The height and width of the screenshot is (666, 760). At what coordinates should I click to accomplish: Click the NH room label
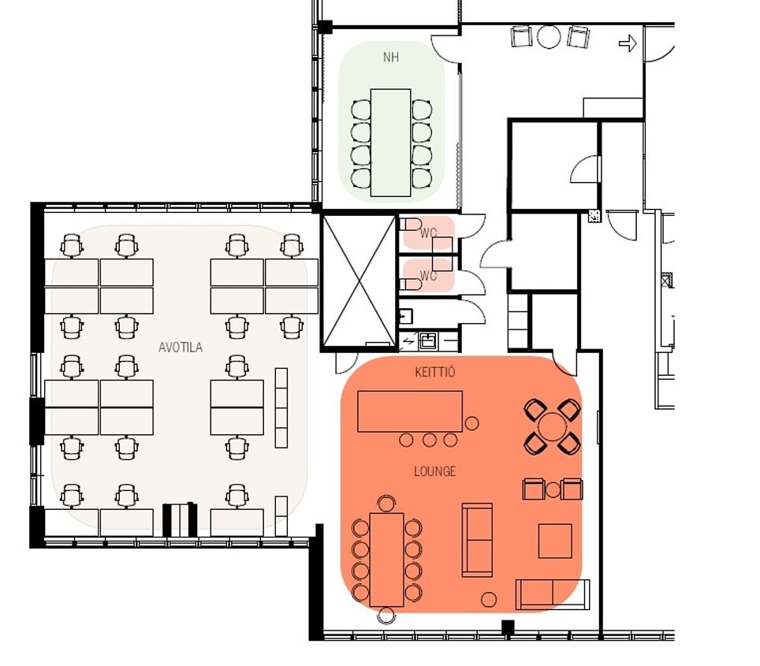[391, 58]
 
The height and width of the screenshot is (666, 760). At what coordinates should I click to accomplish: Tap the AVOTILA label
[181, 347]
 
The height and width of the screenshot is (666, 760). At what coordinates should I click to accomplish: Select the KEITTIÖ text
[434, 372]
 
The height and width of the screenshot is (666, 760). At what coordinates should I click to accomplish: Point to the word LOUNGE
[434, 471]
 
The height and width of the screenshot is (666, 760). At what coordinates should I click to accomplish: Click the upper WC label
[428, 233]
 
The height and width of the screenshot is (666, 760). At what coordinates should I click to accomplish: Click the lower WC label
[428, 276]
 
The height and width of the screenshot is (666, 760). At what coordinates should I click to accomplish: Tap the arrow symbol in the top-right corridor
[628, 43]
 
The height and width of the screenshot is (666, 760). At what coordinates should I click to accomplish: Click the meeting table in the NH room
[390, 143]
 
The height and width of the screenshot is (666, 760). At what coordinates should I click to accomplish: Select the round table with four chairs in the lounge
[552, 426]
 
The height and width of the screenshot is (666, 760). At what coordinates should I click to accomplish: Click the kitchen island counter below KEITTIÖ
[410, 411]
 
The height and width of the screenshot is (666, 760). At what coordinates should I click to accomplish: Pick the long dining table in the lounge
[386, 560]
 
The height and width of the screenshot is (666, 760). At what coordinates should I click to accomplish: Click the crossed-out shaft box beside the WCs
[360, 281]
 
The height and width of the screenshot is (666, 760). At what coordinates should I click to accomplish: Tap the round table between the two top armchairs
[549, 37]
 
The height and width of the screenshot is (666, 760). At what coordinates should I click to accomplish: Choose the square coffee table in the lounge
[555, 541]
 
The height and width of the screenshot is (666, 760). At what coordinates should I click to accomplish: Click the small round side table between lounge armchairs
[553, 489]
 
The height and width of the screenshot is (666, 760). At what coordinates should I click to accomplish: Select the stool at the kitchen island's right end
[471, 423]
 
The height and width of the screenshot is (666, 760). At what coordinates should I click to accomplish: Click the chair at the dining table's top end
[386, 504]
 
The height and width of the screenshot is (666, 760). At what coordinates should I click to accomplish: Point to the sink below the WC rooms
[427, 340]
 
